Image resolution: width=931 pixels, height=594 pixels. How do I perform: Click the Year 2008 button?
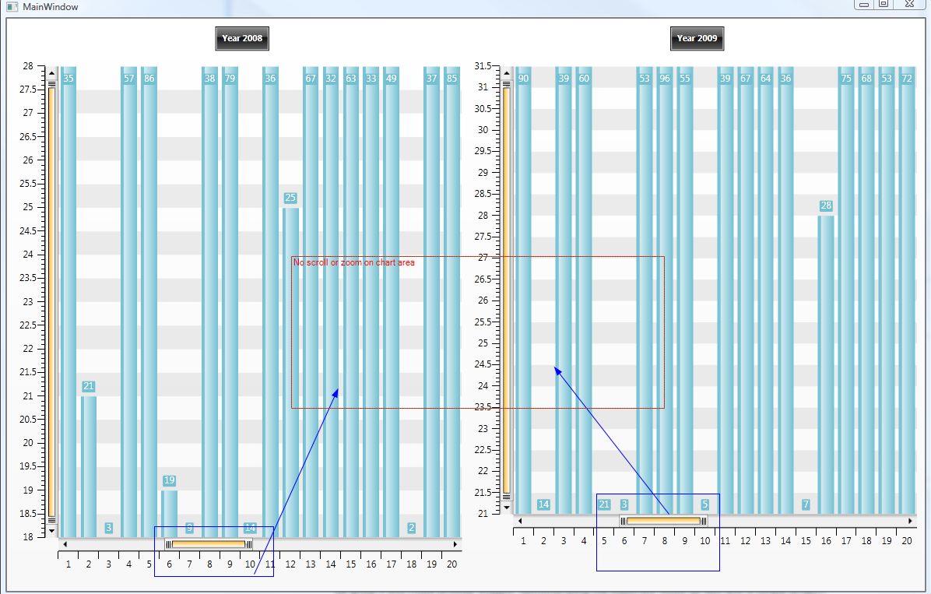[x=242, y=38]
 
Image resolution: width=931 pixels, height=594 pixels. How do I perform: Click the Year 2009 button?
[x=697, y=38]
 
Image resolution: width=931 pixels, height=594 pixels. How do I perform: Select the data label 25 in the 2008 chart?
[x=290, y=198]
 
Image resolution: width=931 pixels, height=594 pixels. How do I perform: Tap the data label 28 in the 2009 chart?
[x=826, y=206]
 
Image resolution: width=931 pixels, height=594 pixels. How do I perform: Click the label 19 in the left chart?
[x=169, y=480]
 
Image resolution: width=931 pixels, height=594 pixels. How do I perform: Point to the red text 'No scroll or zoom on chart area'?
[x=354, y=263]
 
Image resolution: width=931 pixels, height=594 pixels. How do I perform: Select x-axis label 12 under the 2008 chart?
[x=290, y=564]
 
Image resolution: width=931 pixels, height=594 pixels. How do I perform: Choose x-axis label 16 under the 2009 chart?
[x=826, y=541]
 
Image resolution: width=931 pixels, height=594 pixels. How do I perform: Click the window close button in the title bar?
[x=908, y=5]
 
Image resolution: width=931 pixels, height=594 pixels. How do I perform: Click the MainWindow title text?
[x=50, y=6]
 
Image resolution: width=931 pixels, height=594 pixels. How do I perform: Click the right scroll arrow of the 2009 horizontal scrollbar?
[x=910, y=520]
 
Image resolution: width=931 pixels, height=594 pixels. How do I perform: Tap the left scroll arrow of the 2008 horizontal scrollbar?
[x=65, y=544]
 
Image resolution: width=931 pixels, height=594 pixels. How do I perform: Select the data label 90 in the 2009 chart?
[x=524, y=79]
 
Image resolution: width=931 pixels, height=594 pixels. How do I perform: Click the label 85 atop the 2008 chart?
[x=452, y=79]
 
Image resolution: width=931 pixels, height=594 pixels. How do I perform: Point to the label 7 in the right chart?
[x=806, y=504]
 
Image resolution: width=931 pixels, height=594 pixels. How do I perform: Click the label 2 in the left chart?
[x=411, y=528]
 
